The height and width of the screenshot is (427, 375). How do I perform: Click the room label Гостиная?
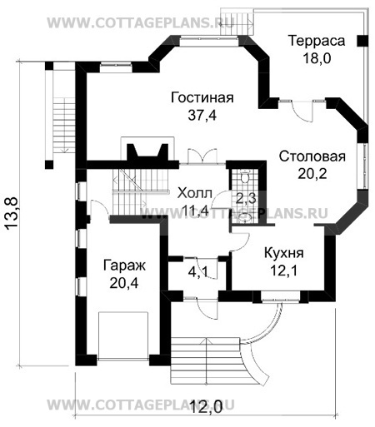[202, 97]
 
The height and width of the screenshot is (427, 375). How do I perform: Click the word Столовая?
[312, 156]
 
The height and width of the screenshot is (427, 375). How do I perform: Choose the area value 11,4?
[195, 210]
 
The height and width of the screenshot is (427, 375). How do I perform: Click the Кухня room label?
[283, 252]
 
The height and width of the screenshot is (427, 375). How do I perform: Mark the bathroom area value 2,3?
[246, 198]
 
